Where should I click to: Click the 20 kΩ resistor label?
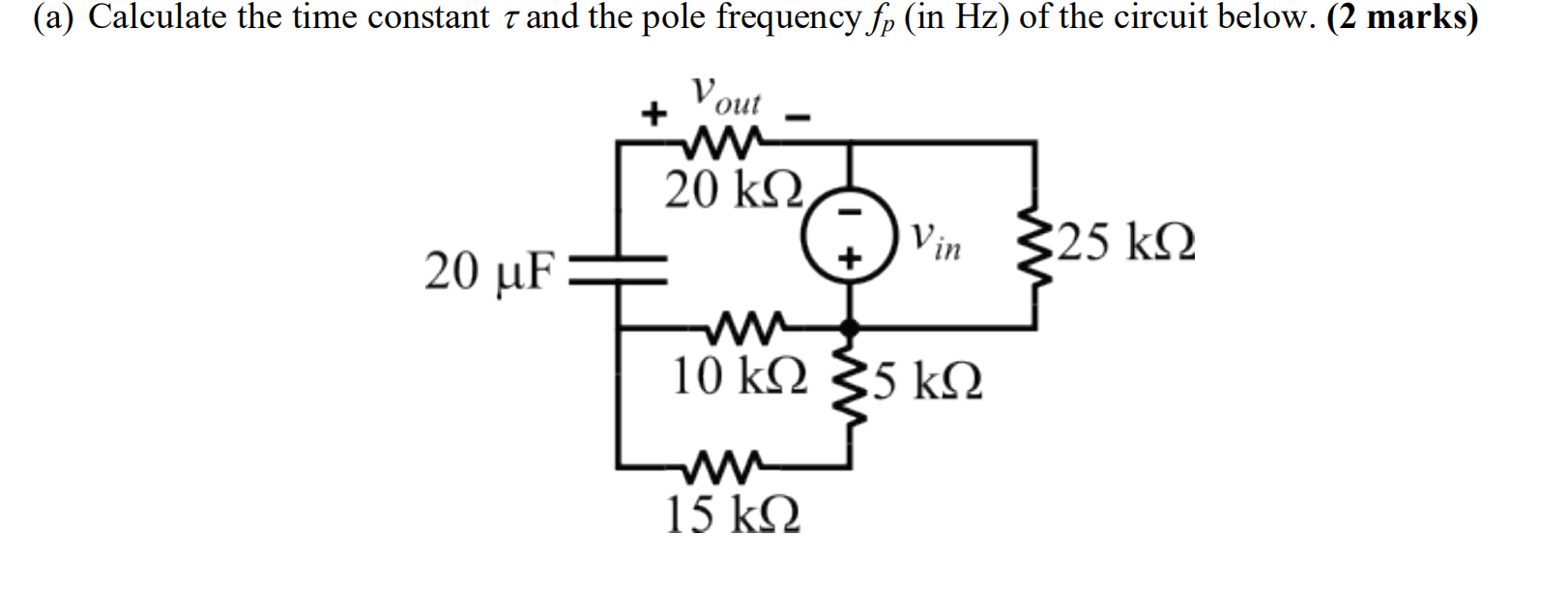pyautogui.click(x=734, y=190)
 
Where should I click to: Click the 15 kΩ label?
pyautogui.click(x=733, y=514)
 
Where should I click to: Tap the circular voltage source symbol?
pyautogui.click(x=849, y=235)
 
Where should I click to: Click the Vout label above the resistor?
pyautogui.click(x=726, y=96)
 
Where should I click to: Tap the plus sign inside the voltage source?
pyautogui.click(x=849, y=258)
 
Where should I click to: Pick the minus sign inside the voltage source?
pyautogui.click(x=849, y=211)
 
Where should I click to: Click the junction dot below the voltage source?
pyautogui.click(x=850, y=329)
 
